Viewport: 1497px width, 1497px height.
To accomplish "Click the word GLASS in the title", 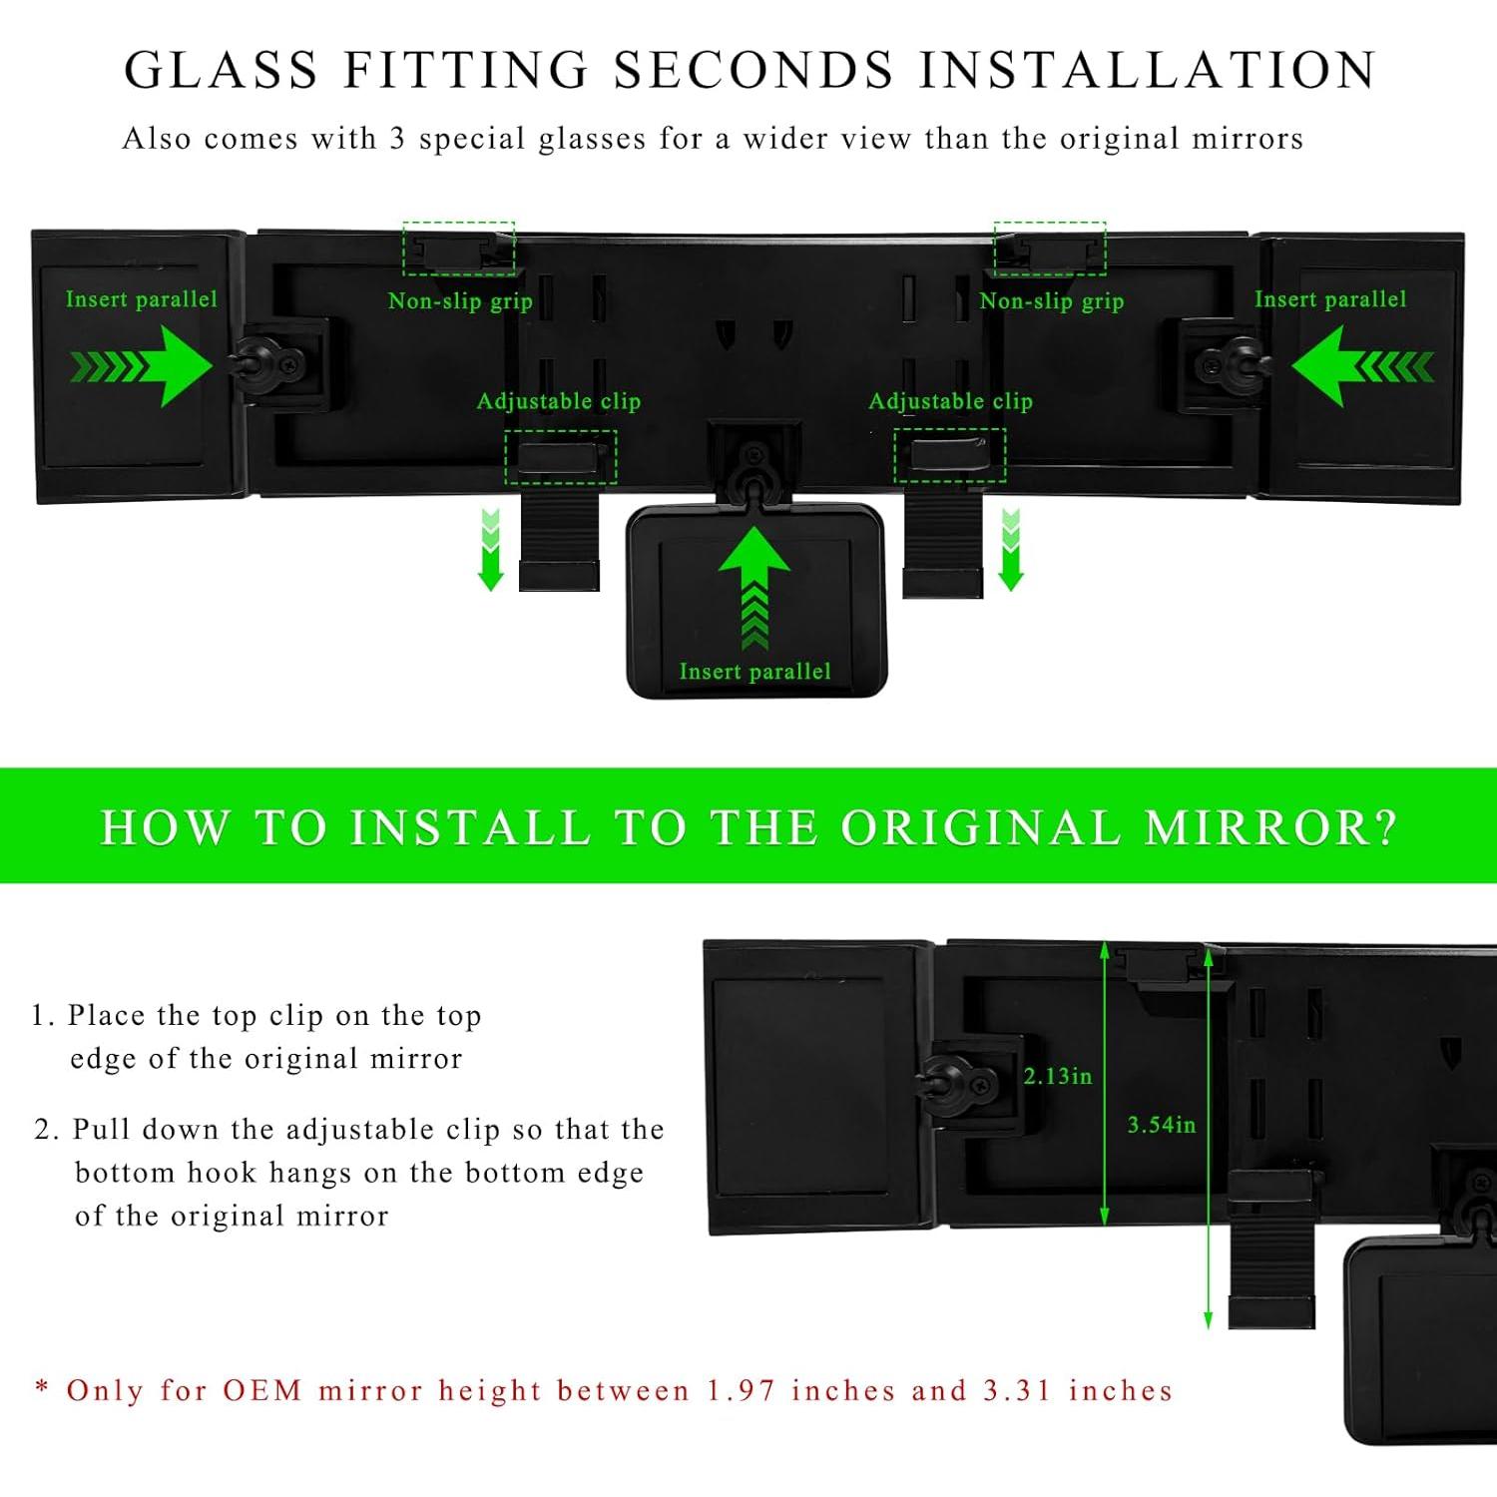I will [221, 71].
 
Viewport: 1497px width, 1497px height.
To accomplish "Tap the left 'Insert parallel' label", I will [141, 299].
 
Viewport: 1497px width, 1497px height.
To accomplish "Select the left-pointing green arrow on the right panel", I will [1362, 367].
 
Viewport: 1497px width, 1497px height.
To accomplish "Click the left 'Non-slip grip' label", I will [460, 301].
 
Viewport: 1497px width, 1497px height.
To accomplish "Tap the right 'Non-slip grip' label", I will [1051, 301].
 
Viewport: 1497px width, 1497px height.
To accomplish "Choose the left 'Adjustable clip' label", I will [558, 401].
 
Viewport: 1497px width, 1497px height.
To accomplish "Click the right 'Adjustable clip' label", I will [950, 401].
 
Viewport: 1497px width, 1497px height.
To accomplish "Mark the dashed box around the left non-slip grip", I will [459, 249].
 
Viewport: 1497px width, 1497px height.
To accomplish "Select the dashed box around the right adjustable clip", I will [949, 456].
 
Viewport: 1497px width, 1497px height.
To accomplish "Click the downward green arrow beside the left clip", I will [490, 550].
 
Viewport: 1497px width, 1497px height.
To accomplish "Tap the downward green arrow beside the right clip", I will [1011, 550].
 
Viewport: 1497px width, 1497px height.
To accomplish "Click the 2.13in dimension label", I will [1057, 1076].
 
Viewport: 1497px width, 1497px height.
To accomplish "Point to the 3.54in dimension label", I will [1161, 1125].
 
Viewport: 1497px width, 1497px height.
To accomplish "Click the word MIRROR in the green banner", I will [1268, 827].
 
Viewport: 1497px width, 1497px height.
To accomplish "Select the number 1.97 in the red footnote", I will [741, 1390].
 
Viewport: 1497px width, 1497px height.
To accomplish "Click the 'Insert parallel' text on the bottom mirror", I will [754, 672].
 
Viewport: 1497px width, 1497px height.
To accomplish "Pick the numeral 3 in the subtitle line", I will [396, 139].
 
